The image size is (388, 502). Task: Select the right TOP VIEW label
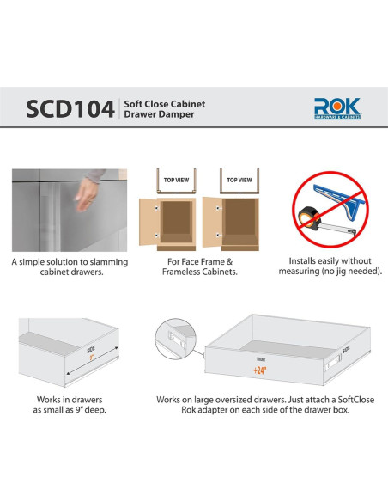239,181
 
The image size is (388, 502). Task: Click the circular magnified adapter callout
177,340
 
